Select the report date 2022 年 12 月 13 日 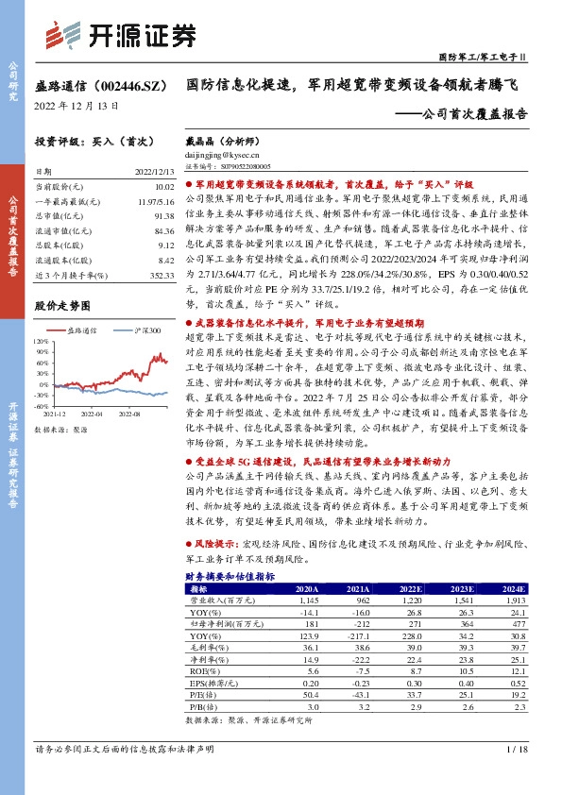coord(77,104)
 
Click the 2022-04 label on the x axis coord(91,413)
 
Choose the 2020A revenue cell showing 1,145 coord(308,600)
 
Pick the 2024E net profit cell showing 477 coord(515,623)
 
